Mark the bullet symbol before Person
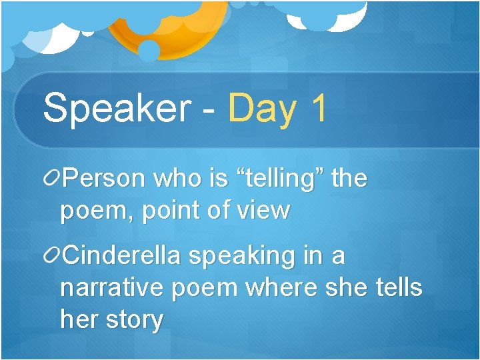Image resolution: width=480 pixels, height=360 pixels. [51, 178]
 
